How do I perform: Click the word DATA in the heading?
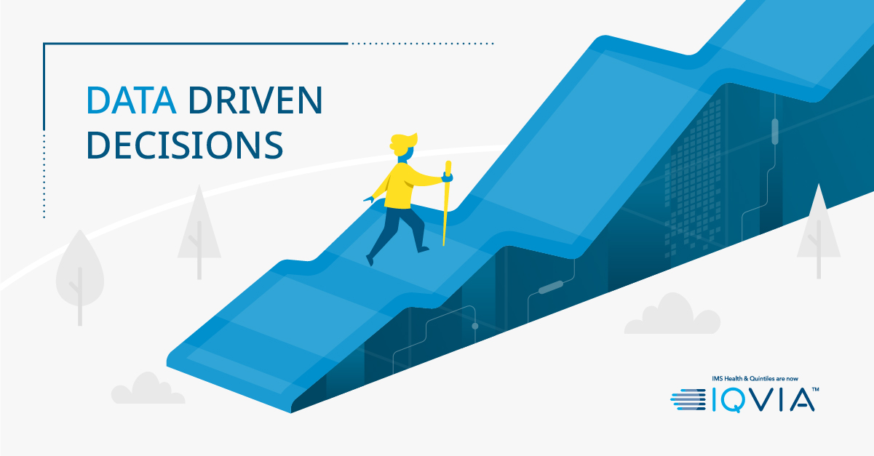tap(131, 100)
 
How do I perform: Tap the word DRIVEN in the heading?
tap(256, 100)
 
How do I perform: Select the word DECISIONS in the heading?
tap(185, 145)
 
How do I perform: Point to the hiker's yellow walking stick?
tap(446, 203)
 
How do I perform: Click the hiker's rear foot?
tap(370, 260)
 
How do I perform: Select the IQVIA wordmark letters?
tap(763, 400)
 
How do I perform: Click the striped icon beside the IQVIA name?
tap(688, 399)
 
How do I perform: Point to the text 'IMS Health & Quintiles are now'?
tap(755, 378)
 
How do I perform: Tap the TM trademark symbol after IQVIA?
tap(815, 389)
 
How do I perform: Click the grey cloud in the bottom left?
tap(148, 388)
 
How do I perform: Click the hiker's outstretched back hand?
tap(368, 200)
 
